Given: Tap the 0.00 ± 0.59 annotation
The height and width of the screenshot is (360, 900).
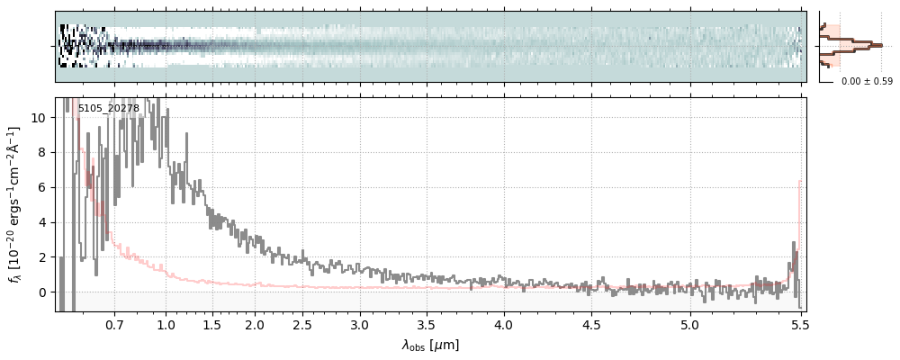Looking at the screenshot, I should tap(867, 82).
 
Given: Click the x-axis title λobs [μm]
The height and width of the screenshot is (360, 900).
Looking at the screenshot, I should tap(430, 345).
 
